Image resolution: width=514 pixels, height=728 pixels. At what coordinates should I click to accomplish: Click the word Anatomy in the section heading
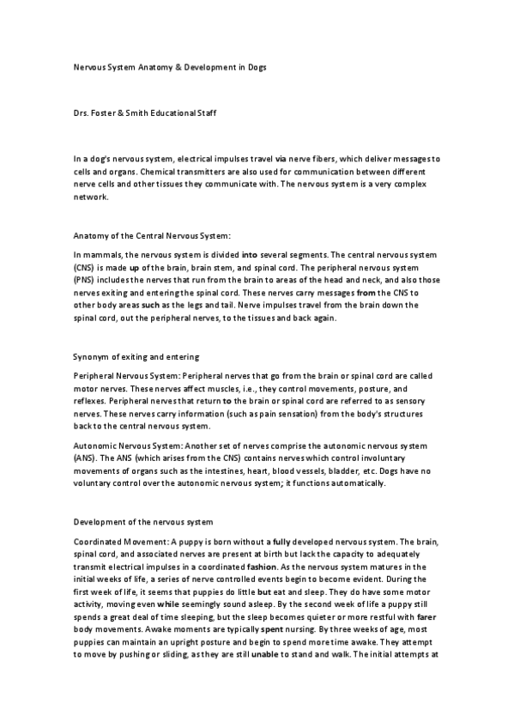pyautogui.click(x=92, y=234)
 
